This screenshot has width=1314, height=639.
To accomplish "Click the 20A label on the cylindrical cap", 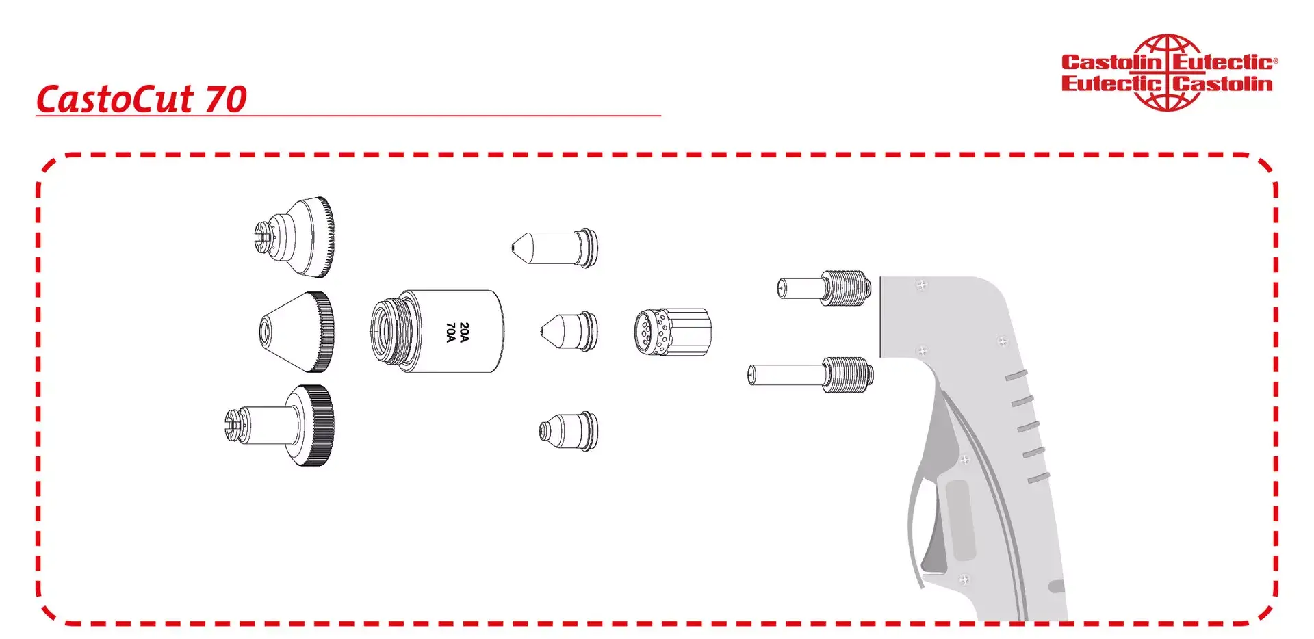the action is point(465,332).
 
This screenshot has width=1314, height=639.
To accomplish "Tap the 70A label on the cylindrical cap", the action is point(451,332).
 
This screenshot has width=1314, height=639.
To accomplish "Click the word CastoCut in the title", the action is point(115,99).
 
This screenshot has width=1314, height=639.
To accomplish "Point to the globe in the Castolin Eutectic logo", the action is point(1168,73).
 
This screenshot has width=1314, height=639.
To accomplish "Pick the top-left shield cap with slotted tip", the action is point(294,237).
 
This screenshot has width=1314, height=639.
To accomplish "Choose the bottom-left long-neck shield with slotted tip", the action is point(281,426).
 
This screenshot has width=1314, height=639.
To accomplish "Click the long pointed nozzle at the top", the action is point(555,248).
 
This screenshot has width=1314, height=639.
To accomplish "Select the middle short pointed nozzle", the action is point(569,332).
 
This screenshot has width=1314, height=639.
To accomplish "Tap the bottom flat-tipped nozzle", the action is point(569,431).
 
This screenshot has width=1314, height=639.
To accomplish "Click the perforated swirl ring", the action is point(673,332).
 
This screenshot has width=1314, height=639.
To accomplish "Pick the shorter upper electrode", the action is point(825,288).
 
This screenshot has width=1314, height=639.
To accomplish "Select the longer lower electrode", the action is point(810,376).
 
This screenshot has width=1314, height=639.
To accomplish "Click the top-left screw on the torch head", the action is point(922,285).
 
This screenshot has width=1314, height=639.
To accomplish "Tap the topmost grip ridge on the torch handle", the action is point(1016,376).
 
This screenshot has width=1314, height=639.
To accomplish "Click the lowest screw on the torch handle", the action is point(964,579).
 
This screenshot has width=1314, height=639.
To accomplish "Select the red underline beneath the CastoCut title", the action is point(348,116).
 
